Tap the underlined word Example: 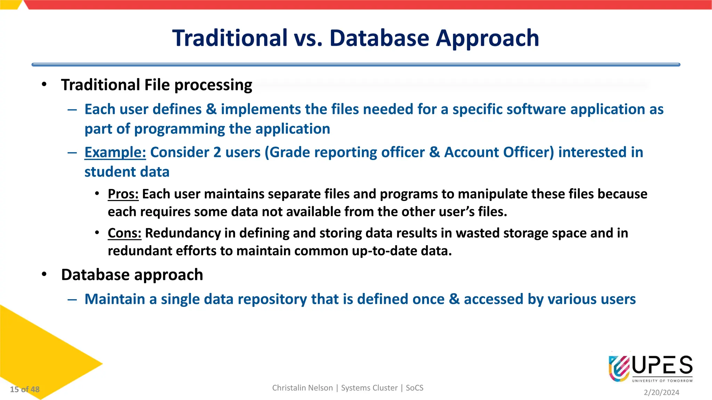[x=115, y=152]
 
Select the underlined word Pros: [x=123, y=194]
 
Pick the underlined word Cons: [x=124, y=233]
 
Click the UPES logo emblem [x=619, y=368]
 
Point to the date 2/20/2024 [x=661, y=392]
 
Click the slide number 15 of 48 [x=25, y=389]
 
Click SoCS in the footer [x=414, y=388]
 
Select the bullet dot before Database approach [x=44, y=274]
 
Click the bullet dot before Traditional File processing [x=44, y=84]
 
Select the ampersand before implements [x=211, y=109]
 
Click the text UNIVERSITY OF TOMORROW [x=662, y=381]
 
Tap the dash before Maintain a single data [x=72, y=299]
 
